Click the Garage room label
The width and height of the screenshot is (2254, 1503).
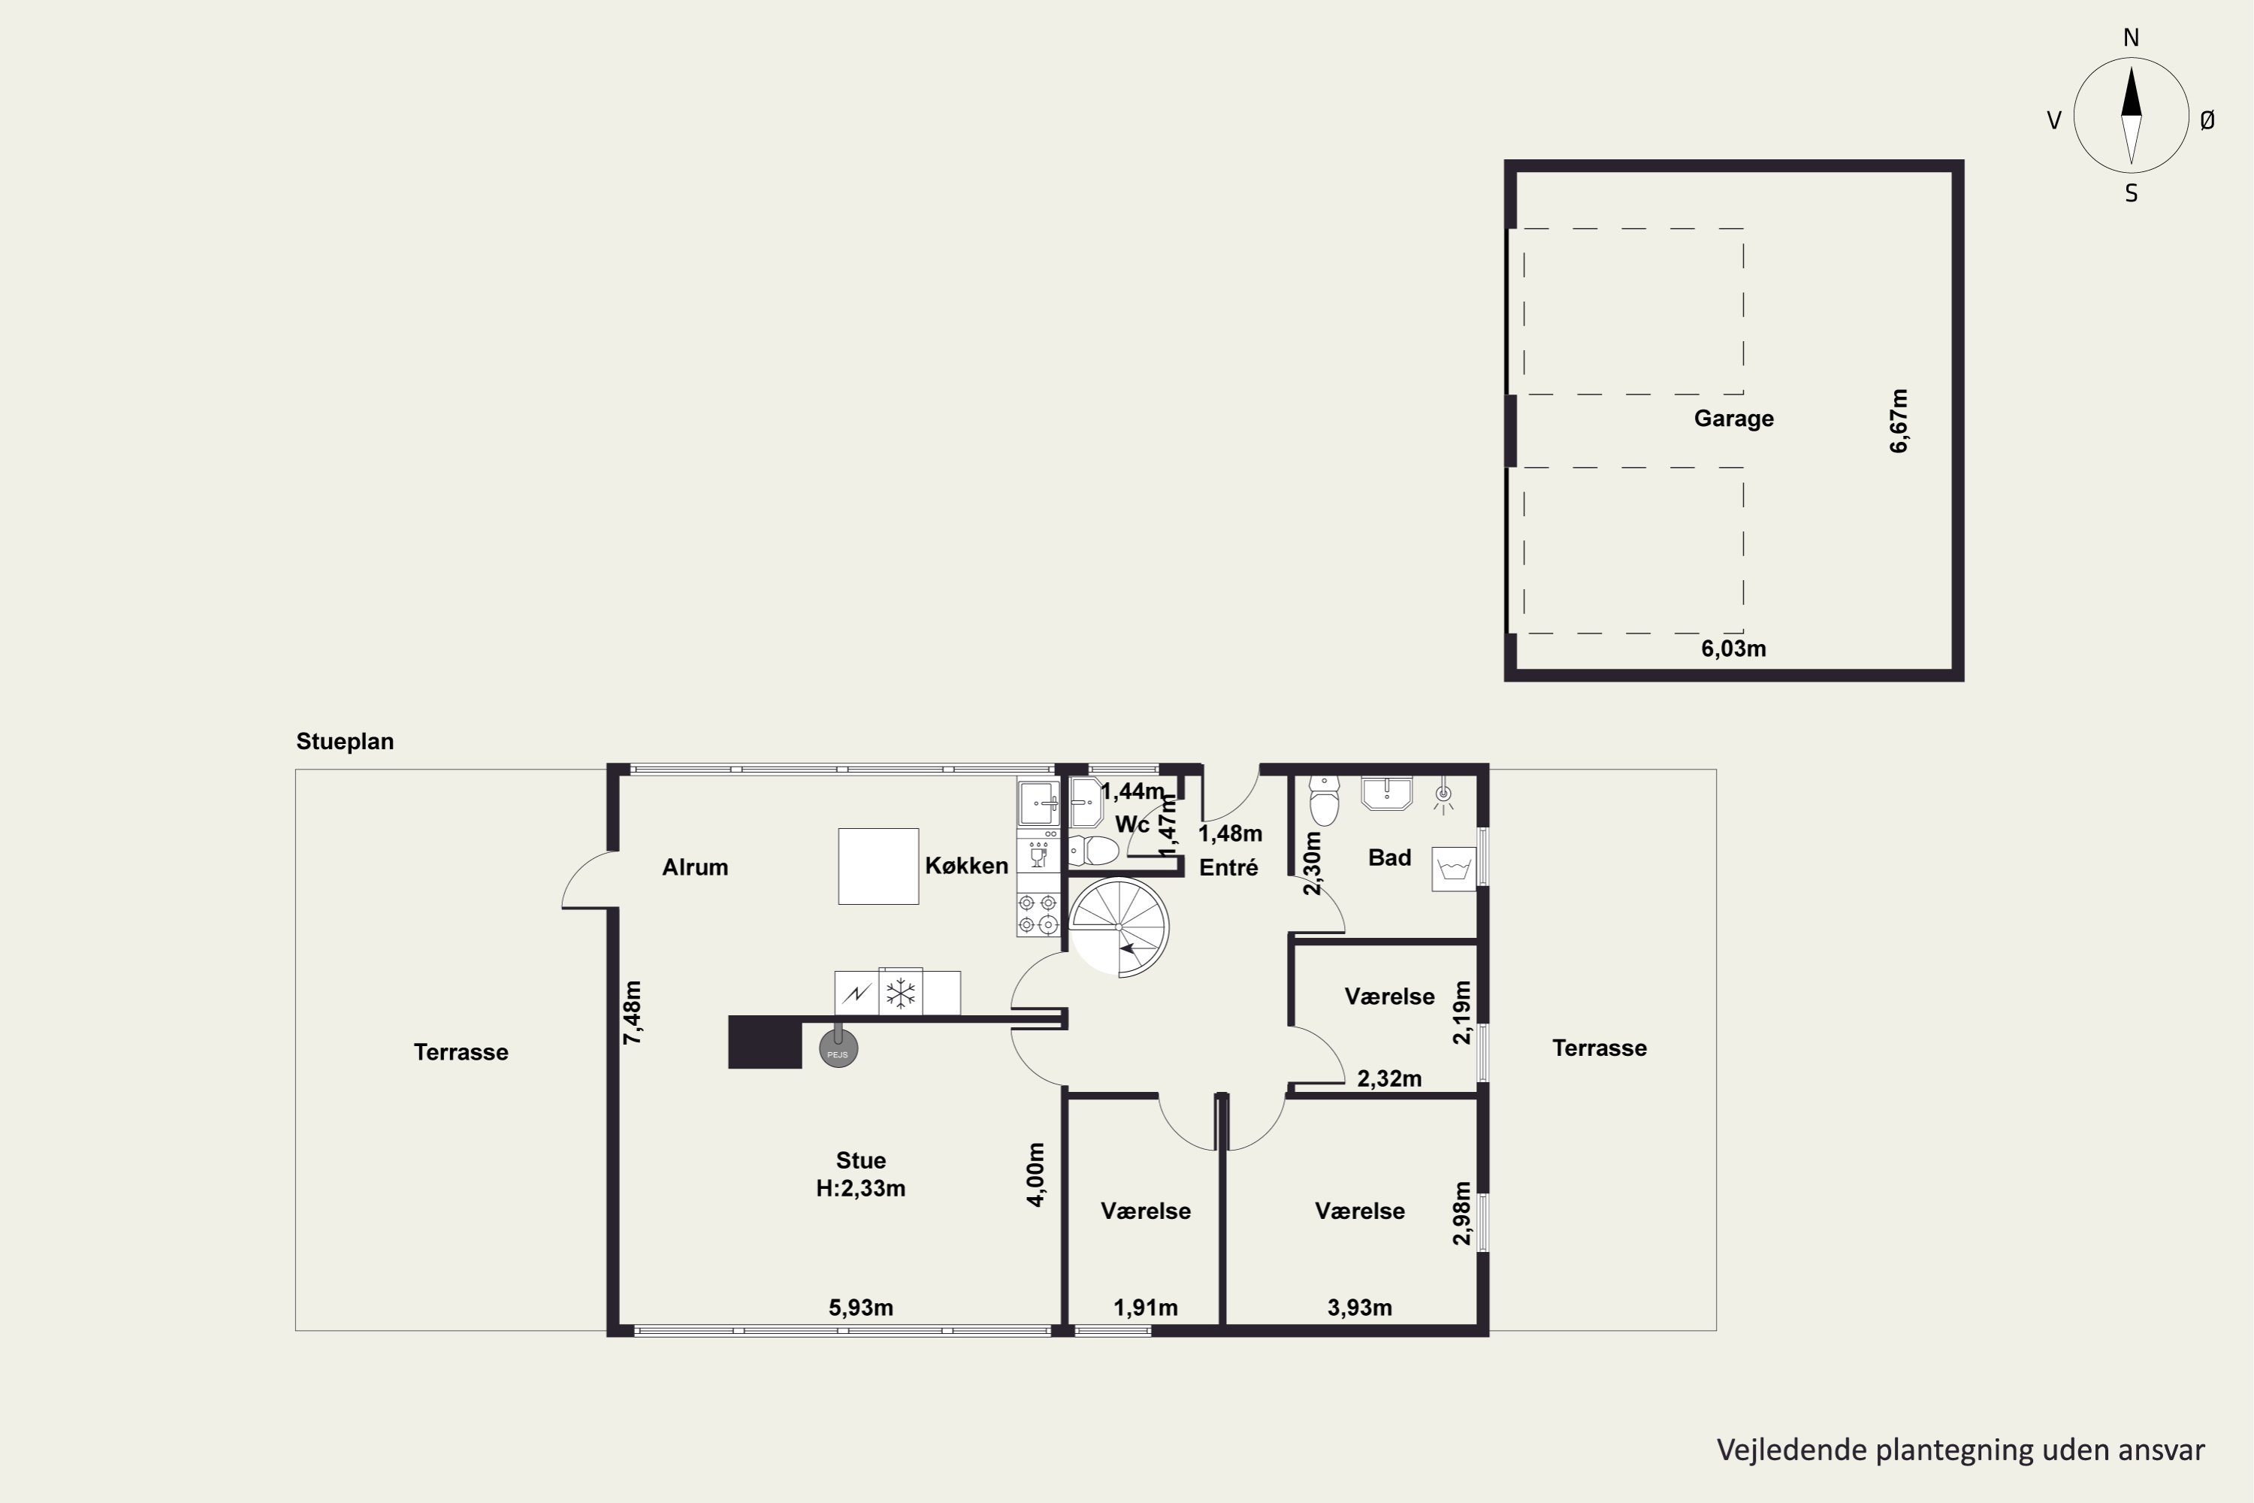[1733, 419]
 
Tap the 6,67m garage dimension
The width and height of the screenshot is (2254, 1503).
[1899, 421]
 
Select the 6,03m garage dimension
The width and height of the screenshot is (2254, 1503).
[1733, 649]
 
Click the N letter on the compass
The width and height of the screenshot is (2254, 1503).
[2132, 38]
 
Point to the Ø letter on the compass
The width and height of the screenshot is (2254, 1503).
[2207, 119]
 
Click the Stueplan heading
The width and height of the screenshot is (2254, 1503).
[345, 741]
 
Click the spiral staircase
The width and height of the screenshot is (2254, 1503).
[1119, 927]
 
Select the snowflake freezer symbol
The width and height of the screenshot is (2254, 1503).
[901, 993]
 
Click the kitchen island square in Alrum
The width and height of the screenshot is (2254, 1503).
[879, 866]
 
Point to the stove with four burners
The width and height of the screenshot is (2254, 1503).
[1038, 914]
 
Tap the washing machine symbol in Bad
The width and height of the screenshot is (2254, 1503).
[1455, 869]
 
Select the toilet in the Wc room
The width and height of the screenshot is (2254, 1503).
[1093, 850]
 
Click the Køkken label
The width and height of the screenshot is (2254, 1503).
[966, 866]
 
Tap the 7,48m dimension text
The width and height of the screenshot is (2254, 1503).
[633, 1012]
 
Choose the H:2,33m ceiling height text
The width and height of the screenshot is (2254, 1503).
[860, 1189]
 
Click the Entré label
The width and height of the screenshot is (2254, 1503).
[1228, 867]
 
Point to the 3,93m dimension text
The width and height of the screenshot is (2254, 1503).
[1360, 1308]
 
